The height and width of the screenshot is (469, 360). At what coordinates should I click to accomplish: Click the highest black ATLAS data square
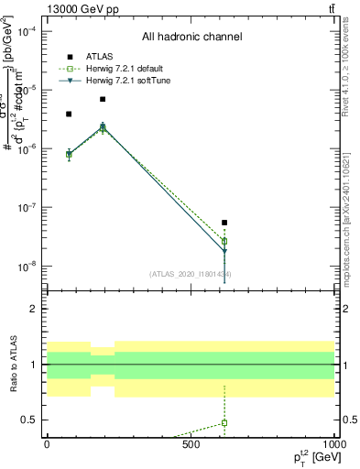click(103, 99)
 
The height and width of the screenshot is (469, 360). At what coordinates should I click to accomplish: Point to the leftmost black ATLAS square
click(69, 114)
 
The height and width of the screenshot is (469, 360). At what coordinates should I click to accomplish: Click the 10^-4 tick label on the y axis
click(27, 31)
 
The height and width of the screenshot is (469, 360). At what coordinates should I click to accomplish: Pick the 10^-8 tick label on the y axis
click(27, 267)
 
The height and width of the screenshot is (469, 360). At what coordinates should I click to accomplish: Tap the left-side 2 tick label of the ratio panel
click(34, 309)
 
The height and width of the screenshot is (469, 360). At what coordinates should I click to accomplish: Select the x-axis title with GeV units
click(315, 457)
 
